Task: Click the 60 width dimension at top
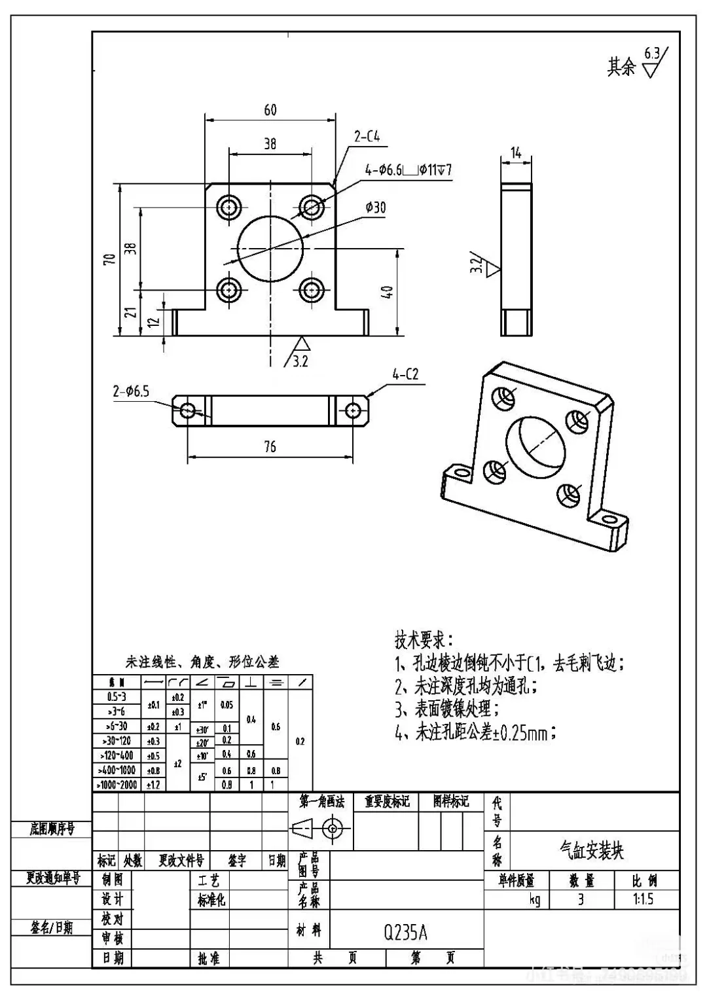point(270,110)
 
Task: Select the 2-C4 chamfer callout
point(367,137)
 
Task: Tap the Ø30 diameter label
point(375,207)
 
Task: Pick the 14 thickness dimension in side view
point(516,153)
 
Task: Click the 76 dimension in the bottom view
point(270,446)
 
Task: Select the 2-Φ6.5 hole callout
point(131,391)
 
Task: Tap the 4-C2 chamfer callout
point(405,374)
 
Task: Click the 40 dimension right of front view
point(387,292)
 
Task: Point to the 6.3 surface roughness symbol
point(652,62)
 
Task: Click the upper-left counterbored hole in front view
point(230,207)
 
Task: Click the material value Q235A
point(405,932)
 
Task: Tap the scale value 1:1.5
point(643,899)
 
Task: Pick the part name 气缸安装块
point(591,850)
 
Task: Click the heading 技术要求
point(422,639)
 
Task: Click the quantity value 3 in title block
point(580,899)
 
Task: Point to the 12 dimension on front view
point(153,321)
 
